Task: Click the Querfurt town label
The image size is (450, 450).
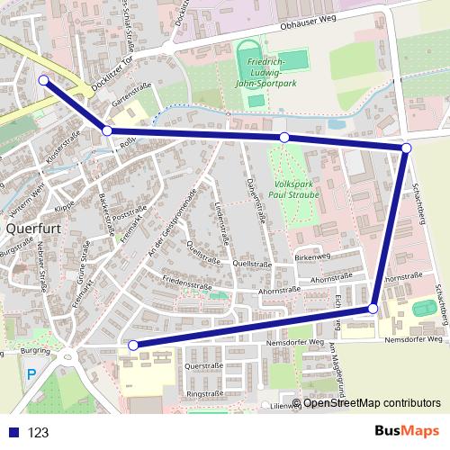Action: [x=33, y=229]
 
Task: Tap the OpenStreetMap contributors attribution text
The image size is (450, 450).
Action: [x=372, y=403]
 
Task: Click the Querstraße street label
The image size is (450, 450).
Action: [x=202, y=367]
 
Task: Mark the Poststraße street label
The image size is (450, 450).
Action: [x=126, y=210]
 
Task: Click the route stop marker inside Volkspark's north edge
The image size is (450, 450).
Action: [x=284, y=138]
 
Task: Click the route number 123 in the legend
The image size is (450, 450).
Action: [x=39, y=433]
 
